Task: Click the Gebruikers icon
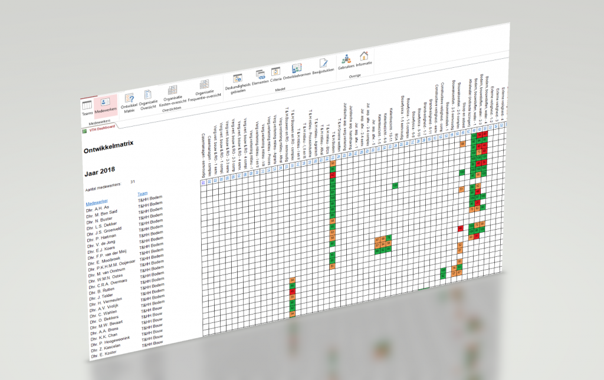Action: click(346, 60)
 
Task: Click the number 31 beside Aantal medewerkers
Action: click(133, 182)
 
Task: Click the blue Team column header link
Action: click(143, 193)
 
